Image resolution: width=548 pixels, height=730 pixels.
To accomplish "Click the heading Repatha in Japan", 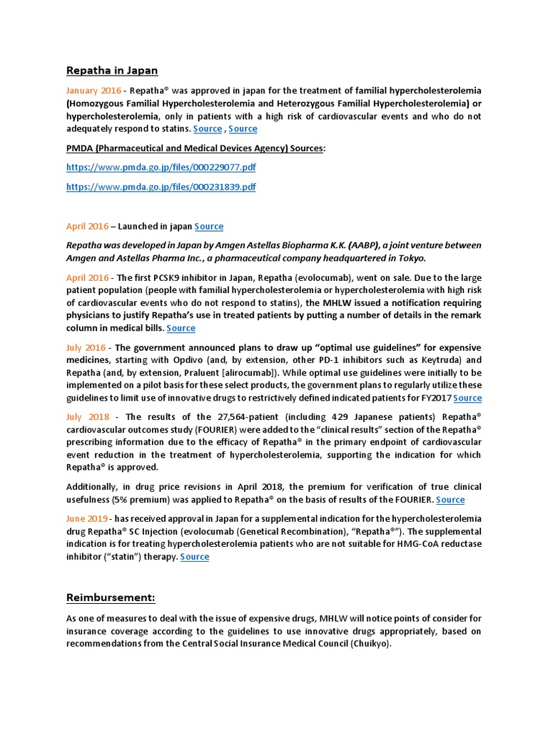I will click(112, 71).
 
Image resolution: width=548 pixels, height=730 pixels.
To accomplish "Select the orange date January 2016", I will click(93, 91).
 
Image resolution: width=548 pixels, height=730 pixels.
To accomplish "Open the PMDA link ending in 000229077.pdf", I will click(161, 168).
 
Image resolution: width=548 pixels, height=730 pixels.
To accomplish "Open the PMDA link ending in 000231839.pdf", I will click(161, 187).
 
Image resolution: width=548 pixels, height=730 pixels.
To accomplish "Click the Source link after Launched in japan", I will click(209, 227).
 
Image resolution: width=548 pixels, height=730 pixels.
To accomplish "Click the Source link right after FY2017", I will click(467, 398).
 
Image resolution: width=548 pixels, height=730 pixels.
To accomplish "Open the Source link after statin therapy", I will click(195, 557).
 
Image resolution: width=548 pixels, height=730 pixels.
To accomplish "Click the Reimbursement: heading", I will click(111, 597).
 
